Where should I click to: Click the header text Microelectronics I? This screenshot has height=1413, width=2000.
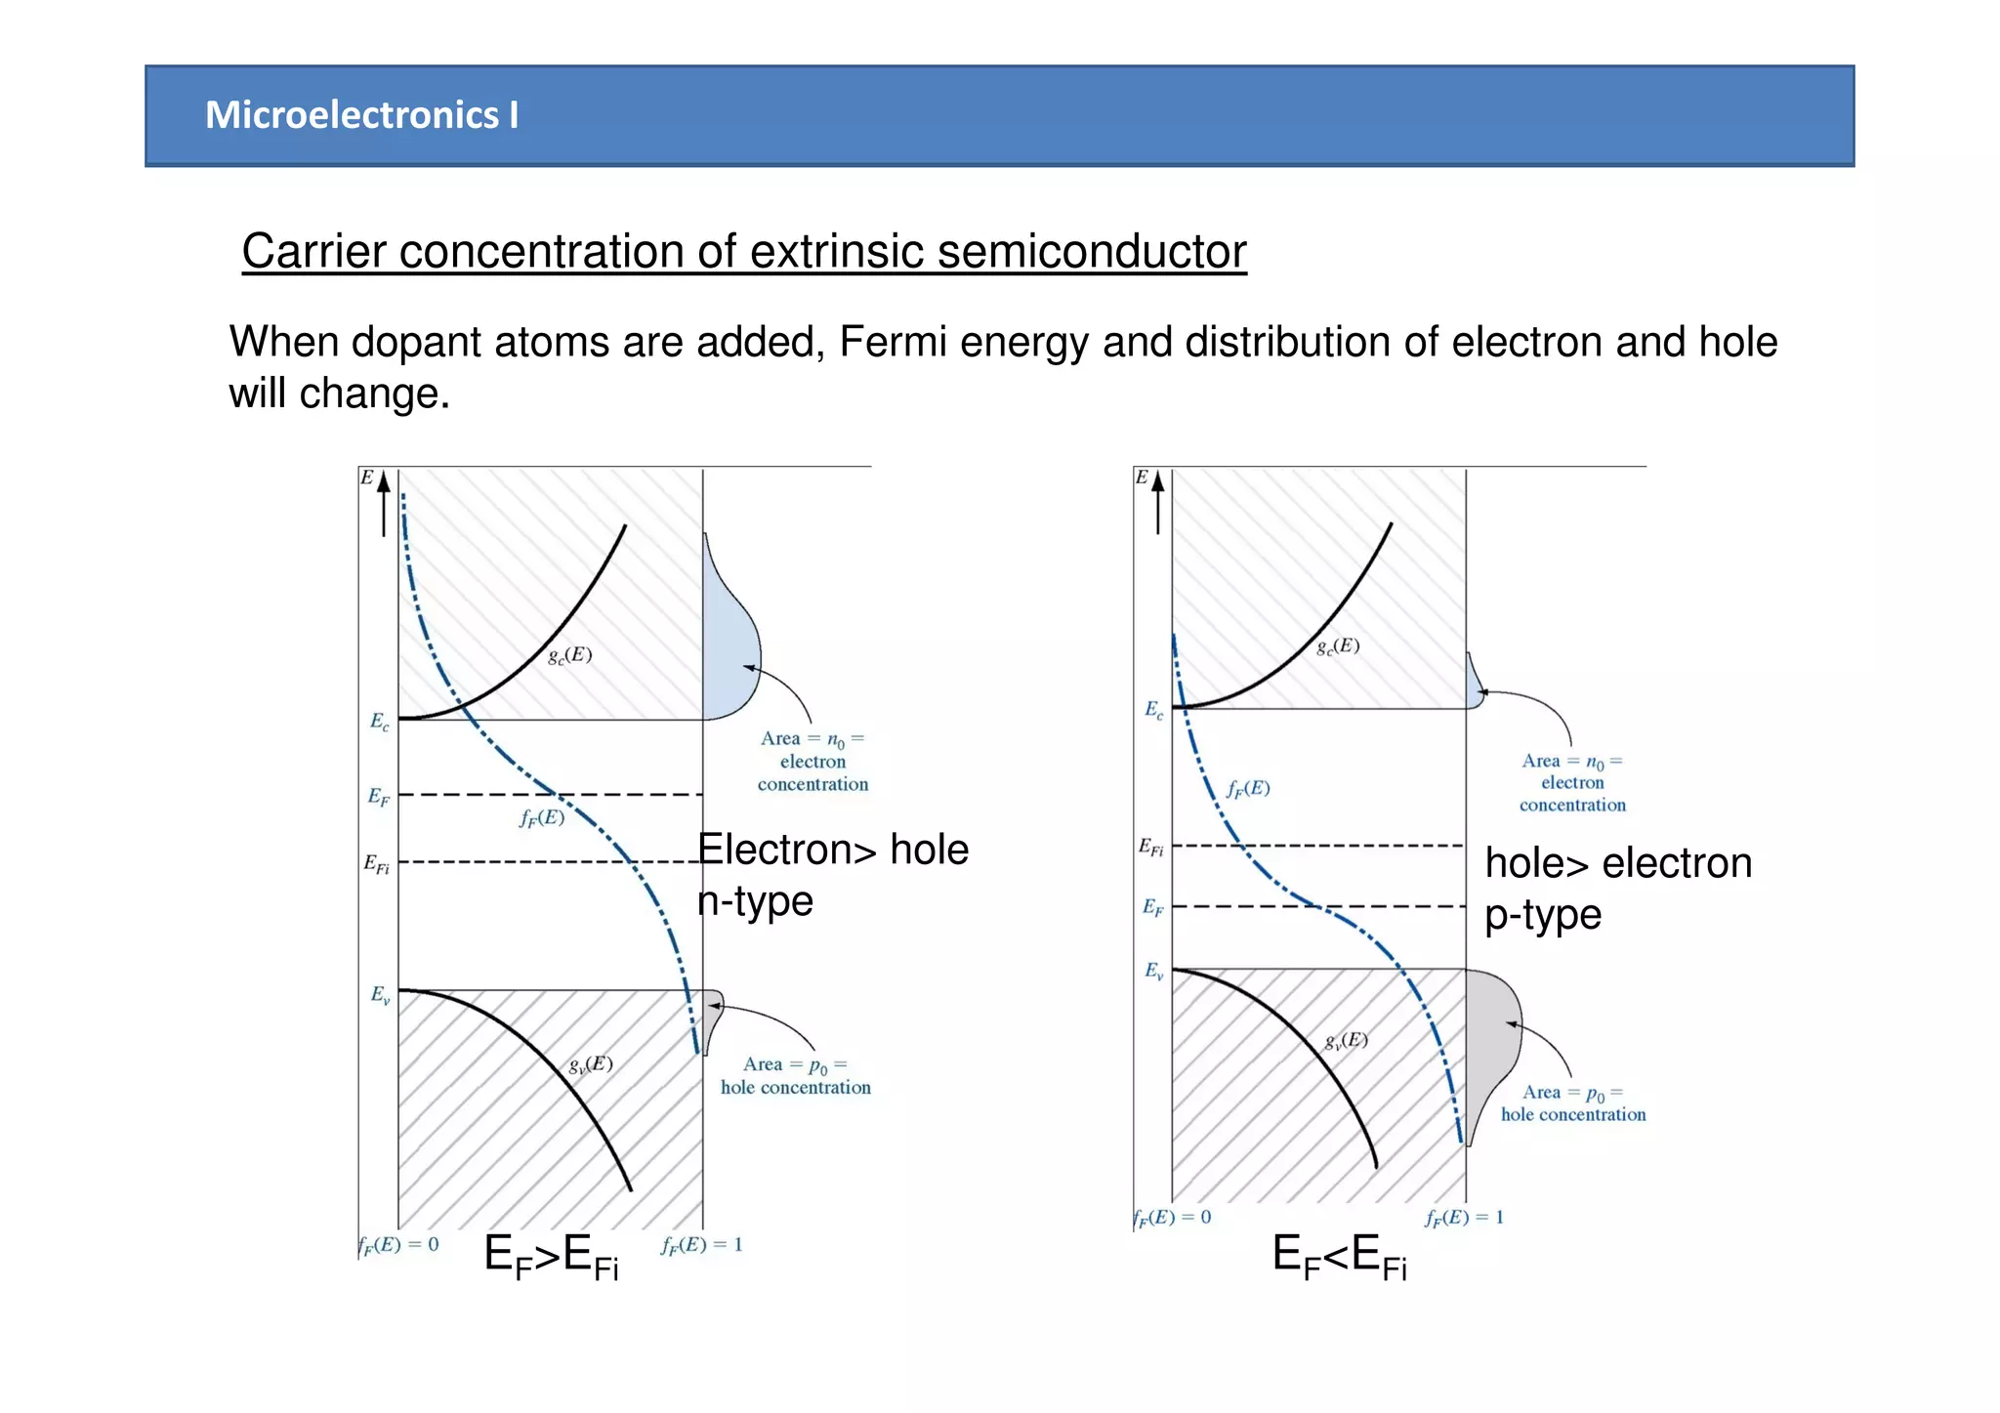point(361,115)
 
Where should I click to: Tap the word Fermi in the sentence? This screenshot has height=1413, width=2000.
point(887,343)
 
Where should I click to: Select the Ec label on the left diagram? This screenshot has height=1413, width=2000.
point(379,722)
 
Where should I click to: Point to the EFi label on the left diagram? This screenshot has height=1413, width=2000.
point(376,864)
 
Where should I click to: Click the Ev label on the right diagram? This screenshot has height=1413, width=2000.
point(1153,971)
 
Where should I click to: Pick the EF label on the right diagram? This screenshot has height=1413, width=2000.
point(1152,907)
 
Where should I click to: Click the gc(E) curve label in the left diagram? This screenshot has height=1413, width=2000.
point(569,655)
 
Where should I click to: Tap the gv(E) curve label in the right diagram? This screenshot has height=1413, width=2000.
point(1346,1041)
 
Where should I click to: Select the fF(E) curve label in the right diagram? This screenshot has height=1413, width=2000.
point(1248,788)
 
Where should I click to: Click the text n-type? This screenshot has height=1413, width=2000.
point(755,901)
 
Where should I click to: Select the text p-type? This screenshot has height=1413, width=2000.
point(1543,915)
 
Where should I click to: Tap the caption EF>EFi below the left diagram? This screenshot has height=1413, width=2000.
point(551,1256)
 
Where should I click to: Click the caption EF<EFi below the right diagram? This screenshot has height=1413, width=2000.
point(1339,1256)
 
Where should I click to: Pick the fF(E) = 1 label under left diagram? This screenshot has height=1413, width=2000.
point(701,1245)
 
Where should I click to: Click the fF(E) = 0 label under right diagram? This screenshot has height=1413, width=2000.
point(1172,1218)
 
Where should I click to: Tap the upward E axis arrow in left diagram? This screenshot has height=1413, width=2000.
point(384,503)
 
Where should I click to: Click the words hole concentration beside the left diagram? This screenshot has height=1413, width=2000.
point(795,1088)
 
